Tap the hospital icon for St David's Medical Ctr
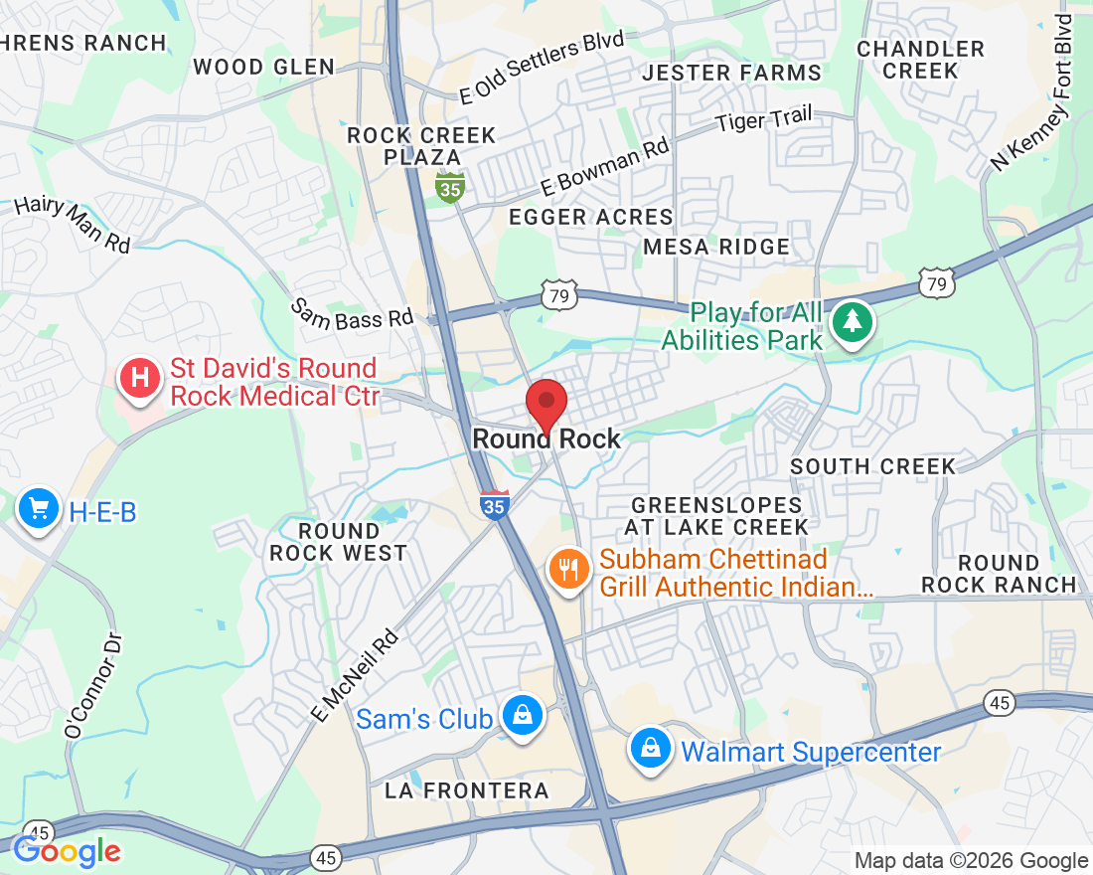[x=140, y=379]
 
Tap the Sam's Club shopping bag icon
[x=521, y=715]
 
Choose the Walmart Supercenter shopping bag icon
[x=649, y=748]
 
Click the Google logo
[x=67, y=850]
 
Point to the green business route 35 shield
[x=451, y=187]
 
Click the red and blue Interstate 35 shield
[x=494, y=504]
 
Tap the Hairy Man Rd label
[x=72, y=225]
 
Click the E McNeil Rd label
[x=355, y=676]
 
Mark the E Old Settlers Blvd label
[x=542, y=68]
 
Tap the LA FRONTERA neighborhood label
[x=467, y=790]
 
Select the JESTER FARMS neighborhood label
[x=732, y=73]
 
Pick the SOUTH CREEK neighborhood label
[x=872, y=466]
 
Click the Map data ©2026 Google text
[x=971, y=860]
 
